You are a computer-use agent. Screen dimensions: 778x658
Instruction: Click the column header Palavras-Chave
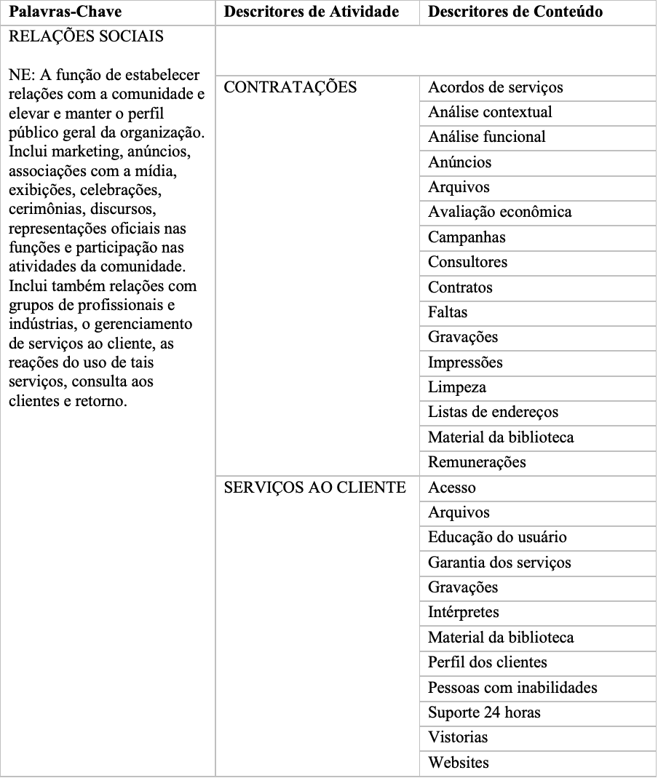pos(65,12)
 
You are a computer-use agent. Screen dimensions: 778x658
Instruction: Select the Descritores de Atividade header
pos(312,12)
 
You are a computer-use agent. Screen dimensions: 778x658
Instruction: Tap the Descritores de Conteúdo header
pos(515,12)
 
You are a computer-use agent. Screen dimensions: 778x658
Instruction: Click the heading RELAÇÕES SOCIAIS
pos(86,36)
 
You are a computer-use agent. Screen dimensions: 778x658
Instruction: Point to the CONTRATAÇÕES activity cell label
pos(290,87)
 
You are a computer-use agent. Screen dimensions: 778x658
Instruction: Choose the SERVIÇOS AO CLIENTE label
pos(314,488)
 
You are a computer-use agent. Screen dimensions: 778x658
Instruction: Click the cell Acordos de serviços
pos(496,87)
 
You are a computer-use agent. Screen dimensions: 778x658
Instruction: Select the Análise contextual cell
pos(490,112)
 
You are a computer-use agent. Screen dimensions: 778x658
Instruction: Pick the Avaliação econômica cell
pos(500,212)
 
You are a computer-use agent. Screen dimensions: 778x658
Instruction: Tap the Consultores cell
pos(467,262)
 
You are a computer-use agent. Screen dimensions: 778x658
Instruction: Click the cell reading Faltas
pos(448,312)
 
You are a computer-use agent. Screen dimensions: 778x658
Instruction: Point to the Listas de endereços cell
pos(493,412)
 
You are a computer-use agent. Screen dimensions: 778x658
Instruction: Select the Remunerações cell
pos(477,462)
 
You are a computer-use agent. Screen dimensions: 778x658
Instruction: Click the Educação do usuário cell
pos(497,537)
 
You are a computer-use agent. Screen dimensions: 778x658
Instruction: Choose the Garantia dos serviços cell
pos(499,563)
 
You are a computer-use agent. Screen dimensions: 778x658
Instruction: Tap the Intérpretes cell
pos(463,612)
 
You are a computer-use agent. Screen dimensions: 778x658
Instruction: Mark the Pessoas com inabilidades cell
pos(512,687)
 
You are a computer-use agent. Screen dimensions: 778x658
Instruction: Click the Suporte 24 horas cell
pos(484,712)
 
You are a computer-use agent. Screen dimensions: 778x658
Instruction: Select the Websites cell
pos(459,763)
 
